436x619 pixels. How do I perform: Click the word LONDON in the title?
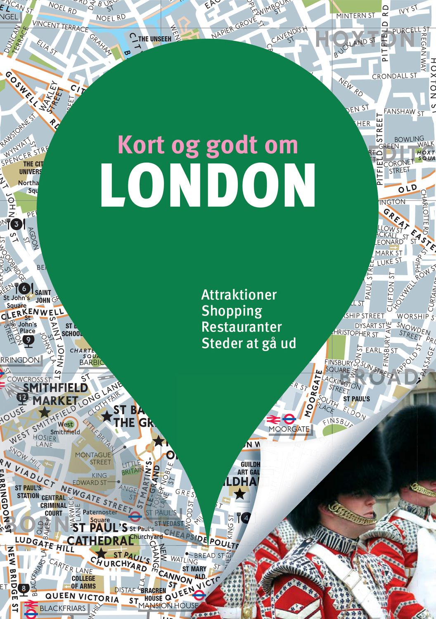click(x=208, y=186)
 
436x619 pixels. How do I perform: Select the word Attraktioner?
click(x=239, y=295)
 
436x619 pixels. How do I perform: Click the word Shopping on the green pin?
click(x=232, y=311)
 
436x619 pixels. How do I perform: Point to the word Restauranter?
click(x=242, y=327)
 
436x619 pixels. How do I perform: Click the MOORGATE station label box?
click(x=289, y=429)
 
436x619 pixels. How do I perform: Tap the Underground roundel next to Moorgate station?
click(x=289, y=419)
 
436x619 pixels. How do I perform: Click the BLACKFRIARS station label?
click(x=62, y=608)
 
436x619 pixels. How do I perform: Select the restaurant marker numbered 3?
click(x=16, y=224)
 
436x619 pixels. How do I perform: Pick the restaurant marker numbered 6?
click(x=24, y=288)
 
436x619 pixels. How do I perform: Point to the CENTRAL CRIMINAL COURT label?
click(x=53, y=506)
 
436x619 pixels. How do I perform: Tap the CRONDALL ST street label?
click(x=394, y=76)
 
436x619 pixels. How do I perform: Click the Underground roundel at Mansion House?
click(x=199, y=595)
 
